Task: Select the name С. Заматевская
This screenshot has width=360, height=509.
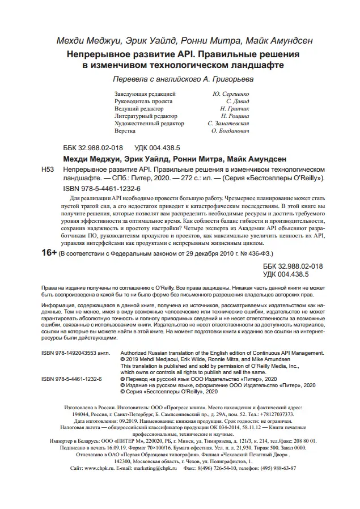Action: click(x=229, y=123)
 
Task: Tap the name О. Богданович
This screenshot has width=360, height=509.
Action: click(x=230, y=130)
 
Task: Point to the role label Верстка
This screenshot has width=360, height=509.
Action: click(x=125, y=130)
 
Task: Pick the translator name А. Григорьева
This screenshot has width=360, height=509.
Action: click(x=238, y=78)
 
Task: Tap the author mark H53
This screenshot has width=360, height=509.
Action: click(x=49, y=169)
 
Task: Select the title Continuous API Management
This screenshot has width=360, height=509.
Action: click(x=289, y=352)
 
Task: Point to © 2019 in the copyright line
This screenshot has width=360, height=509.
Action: click(x=130, y=359)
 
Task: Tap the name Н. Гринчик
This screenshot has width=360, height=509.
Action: click(x=230, y=108)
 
